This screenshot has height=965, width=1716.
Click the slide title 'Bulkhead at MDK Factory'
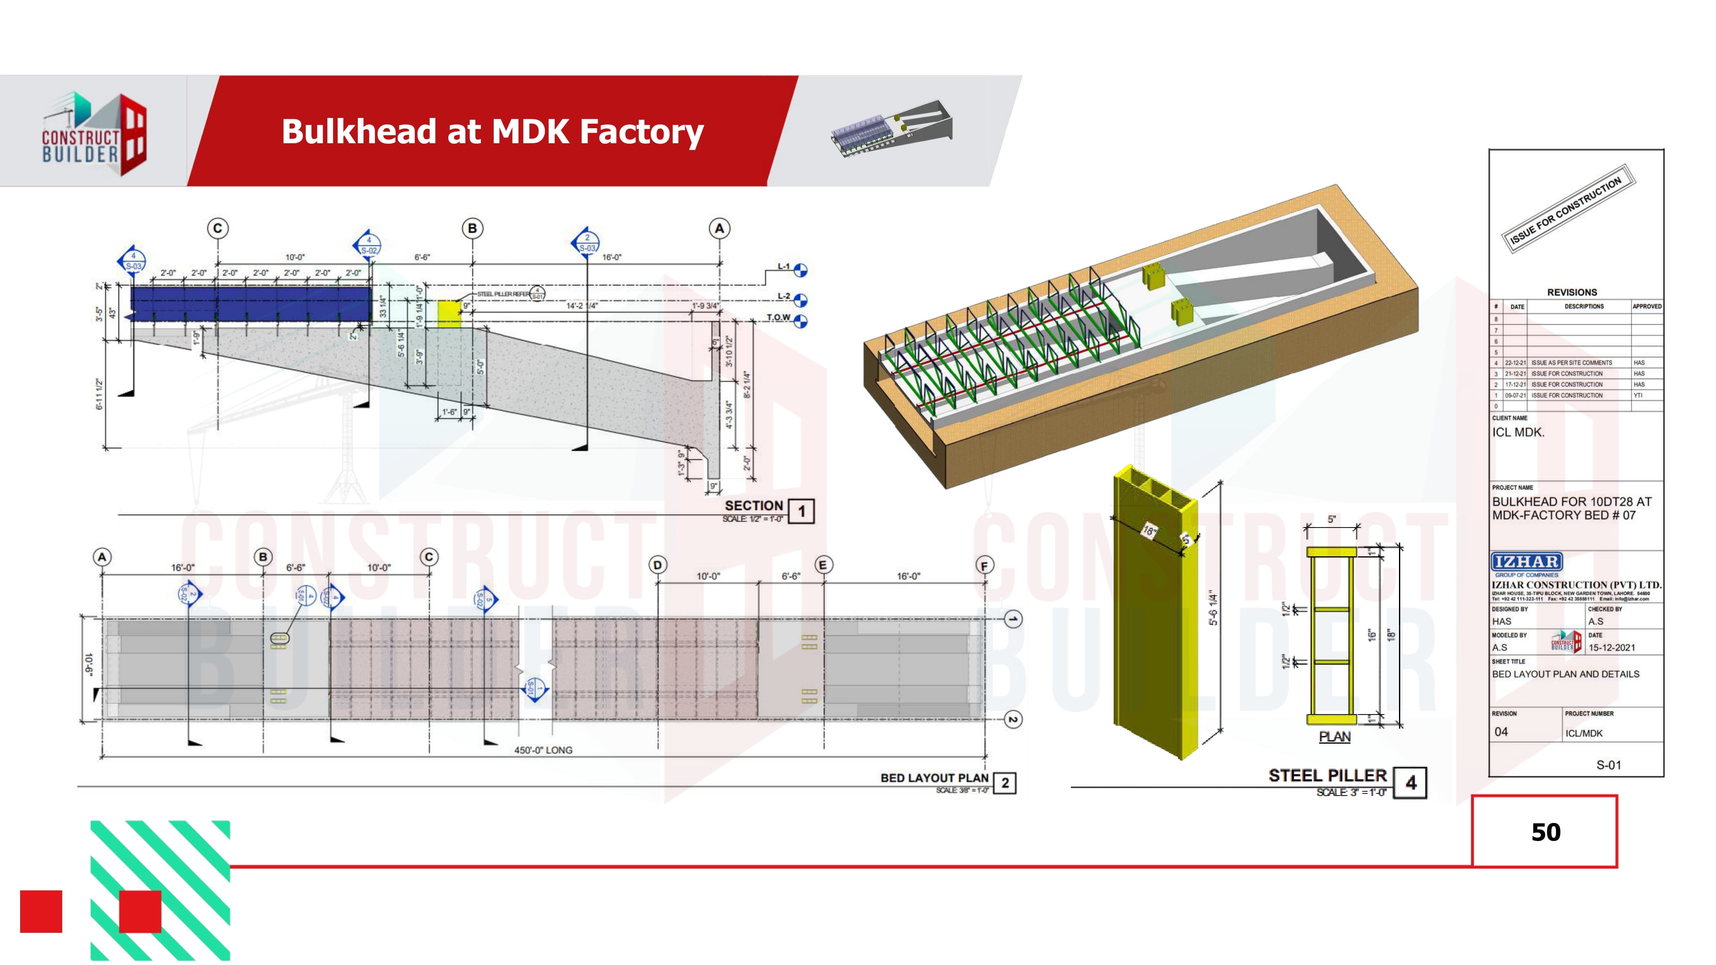coord(492,131)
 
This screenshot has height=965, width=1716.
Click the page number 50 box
coord(1544,832)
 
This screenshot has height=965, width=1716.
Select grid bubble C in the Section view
coord(218,229)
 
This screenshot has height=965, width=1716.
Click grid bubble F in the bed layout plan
coord(985,565)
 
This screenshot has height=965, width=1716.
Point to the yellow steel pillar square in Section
coord(448,313)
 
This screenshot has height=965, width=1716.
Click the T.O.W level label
coord(778,318)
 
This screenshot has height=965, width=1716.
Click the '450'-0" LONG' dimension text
coord(543,750)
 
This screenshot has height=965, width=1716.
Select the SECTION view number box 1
coord(801,512)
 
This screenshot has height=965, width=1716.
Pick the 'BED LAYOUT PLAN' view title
coord(934,778)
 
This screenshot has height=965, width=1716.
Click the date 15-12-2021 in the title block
coord(1611,647)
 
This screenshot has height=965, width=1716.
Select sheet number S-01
coord(1608,765)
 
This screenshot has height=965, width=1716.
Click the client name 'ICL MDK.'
coord(1517,432)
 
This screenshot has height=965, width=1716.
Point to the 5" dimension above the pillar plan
coord(1331,519)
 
